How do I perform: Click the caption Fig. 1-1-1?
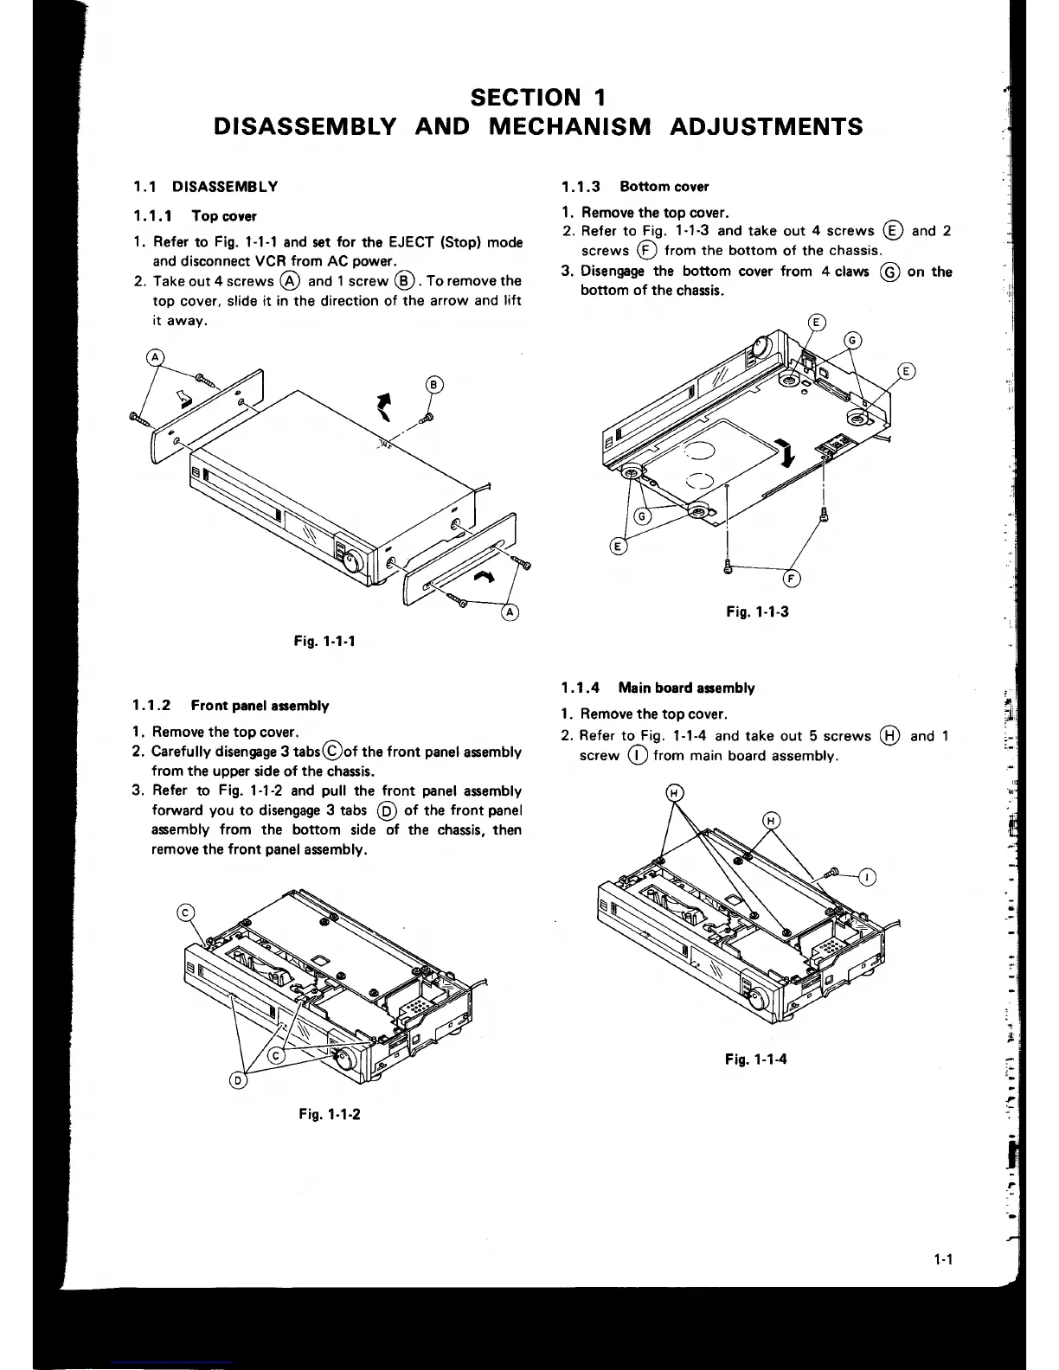click(x=324, y=641)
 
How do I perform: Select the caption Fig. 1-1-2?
click(x=329, y=1113)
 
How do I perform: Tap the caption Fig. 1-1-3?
click(x=757, y=611)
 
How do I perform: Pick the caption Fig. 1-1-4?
click(x=756, y=1059)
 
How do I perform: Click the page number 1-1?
click(x=942, y=1259)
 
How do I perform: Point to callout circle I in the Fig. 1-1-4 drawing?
click(x=867, y=878)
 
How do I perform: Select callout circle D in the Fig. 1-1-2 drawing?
click(x=240, y=1079)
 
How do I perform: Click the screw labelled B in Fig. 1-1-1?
click(x=425, y=419)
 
